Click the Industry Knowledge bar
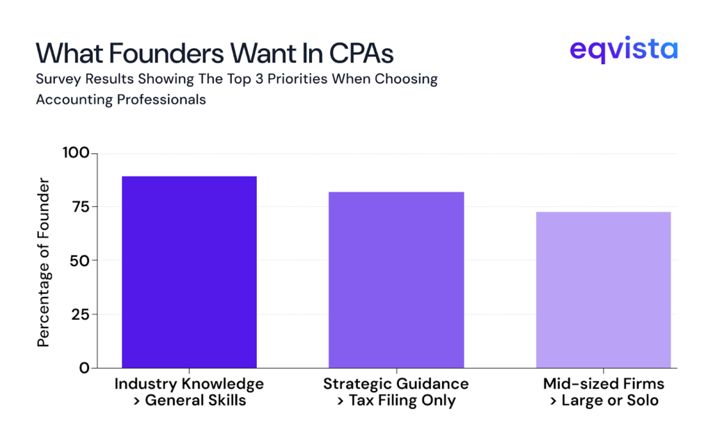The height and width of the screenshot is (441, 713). pyautogui.click(x=189, y=272)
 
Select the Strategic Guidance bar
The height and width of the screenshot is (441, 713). pyautogui.click(x=396, y=279)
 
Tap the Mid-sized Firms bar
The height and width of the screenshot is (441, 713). pyautogui.click(x=603, y=290)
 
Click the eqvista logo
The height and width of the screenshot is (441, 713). pyautogui.click(x=622, y=51)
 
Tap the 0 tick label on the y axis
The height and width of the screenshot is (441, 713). pyautogui.click(x=84, y=368)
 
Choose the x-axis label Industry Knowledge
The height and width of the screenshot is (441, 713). pyautogui.click(x=189, y=384)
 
